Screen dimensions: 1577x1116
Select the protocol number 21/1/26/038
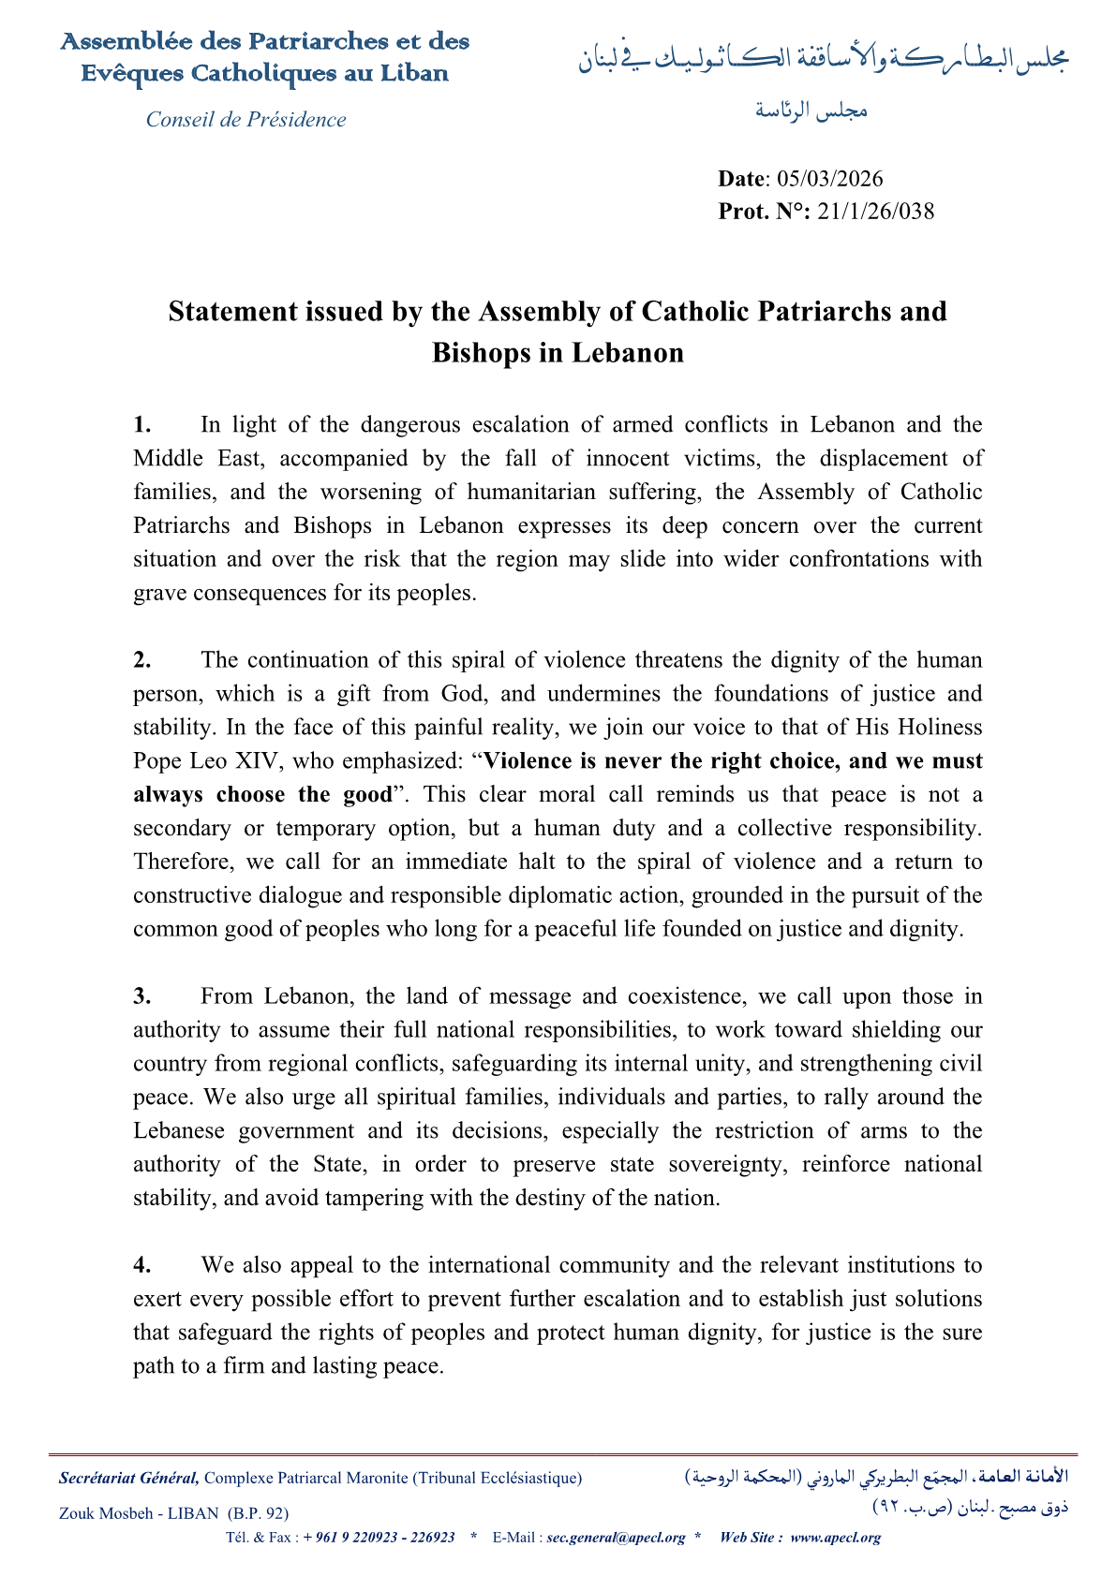(x=875, y=212)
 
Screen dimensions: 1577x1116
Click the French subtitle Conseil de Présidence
(x=246, y=120)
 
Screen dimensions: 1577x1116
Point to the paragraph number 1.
(x=141, y=425)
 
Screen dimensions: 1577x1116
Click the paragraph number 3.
(x=141, y=996)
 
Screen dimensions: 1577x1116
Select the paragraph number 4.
(x=141, y=1266)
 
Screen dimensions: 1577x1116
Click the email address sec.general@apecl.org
(x=616, y=1538)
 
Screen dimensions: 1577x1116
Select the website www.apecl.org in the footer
(x=836, y=1538)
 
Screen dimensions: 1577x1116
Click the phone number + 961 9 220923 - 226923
(x=379, y=1538)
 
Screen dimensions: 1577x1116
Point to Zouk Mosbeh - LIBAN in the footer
(x=139, y=1513)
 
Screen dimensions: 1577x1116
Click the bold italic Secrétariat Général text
(x=128, y=1479)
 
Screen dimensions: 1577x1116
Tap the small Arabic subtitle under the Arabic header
(x=811, y=111)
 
